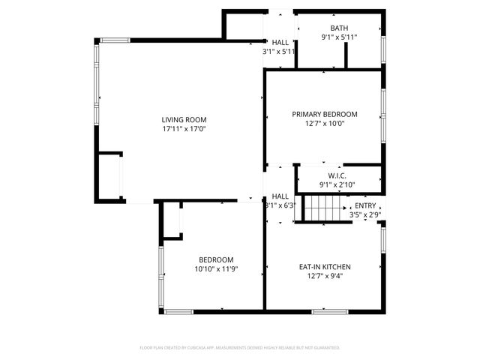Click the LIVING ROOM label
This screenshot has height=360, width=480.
pyautogui.click(x=184, y=119)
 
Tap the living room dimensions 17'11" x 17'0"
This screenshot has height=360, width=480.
pyautogui.click(x=184, y=129)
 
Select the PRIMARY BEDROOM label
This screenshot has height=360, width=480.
pyautogui.click(x=324, y=115)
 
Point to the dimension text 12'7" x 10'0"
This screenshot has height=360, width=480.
pyautogui.click(x=324, y=124)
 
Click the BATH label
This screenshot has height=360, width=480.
pyautogui.click(x=339, y=28)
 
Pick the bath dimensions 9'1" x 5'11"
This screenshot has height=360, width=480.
pyautogui.click(x=339, y=37)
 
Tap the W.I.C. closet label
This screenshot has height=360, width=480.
pyautogui.click(x=337, y=175)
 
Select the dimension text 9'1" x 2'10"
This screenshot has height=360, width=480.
pyautogui.click(x=337, y=184)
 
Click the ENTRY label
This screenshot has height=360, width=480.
pyautogui.click(x=365, y=205)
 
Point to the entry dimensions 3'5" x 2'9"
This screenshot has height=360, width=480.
pyautogui.click(x=365, y=215)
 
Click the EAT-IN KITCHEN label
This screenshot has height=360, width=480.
pyautogui.click(x=324, y=267)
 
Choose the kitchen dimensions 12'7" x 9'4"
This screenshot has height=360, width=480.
pyautogui.click(x=324, y=276)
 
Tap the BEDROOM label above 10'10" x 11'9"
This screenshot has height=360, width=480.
pyautogui.click(x=216, y=259)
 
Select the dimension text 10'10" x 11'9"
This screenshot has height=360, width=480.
pyautogui.click(x=216, y=268)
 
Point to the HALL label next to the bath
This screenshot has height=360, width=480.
pyautogui.click(x=280, y=43)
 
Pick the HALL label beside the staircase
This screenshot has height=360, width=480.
pyautogui.click(x=280, y=196)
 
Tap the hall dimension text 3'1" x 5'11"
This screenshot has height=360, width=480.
pyautogui.click(x=279, y=52)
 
